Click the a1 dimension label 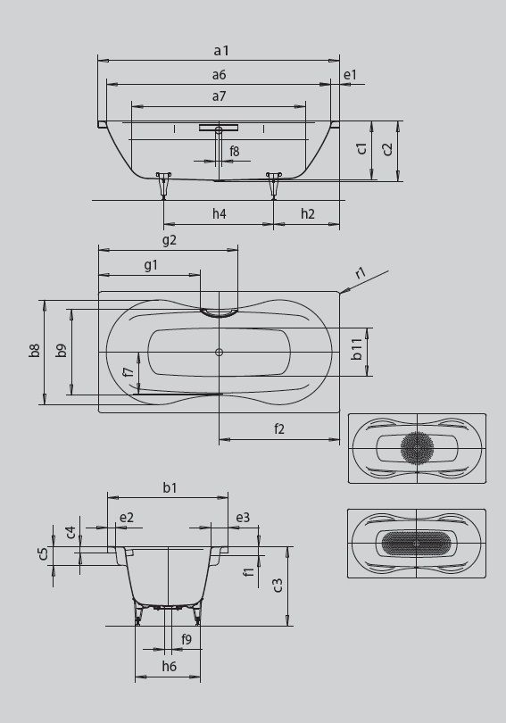[x=221, y=50]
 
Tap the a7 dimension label [x=220, y=96]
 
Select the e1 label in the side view [x=350, y=74]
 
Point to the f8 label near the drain [x=235, y=151]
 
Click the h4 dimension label [x=220, y=213]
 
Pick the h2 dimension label [x=307, y=213]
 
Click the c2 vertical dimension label [x=388, y=149]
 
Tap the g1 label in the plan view [x=151, y=265]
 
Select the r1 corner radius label [x=361, y=273]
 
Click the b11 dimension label [x=357, y=349]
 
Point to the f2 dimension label [x=279, y=428]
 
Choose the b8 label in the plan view [x=35, y=351]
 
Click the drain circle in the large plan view [x=219, y=353]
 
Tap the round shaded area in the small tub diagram [x=417, y=447]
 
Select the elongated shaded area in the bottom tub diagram [x=417, y=544]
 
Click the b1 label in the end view [x=170, y=487]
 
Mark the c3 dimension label [x=277, y=586]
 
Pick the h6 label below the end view [x=170, y=666]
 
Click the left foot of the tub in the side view [x=163, y=186]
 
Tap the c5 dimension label [x=43, y=553]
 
